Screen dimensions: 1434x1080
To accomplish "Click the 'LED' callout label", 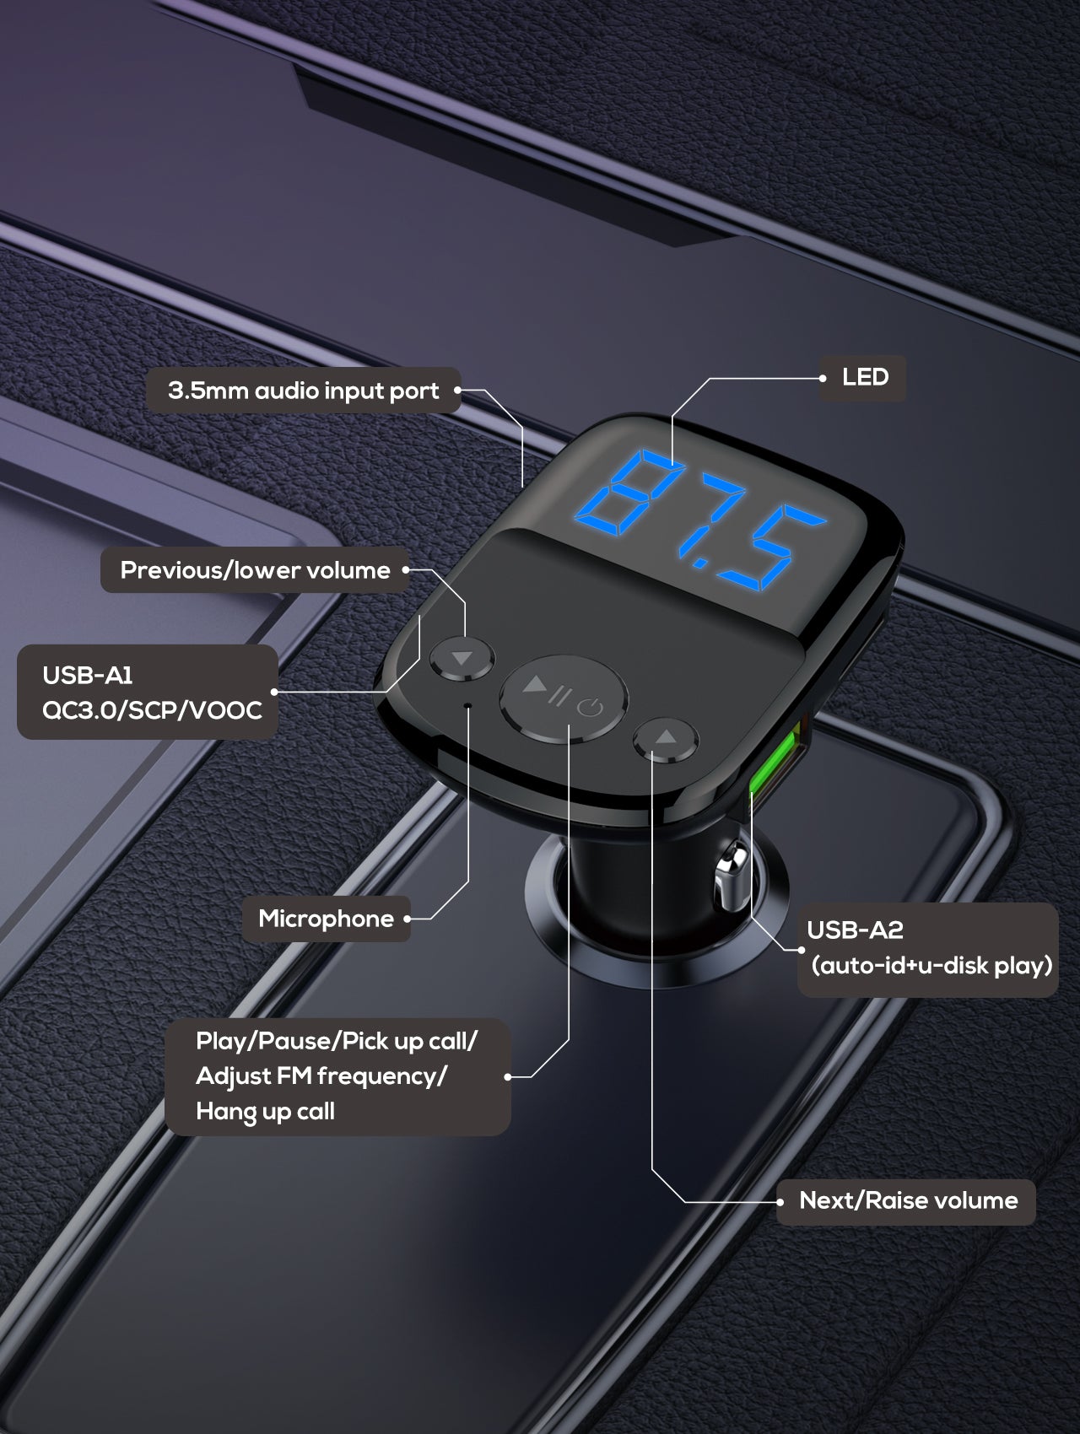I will click(865, 377).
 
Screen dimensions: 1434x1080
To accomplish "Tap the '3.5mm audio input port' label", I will click(304, 391).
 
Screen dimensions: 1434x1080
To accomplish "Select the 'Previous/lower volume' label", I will click(255, 570).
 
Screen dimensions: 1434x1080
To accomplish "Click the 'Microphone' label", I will click(326, 919).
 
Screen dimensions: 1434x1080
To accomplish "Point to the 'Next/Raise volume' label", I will click(908, 1200).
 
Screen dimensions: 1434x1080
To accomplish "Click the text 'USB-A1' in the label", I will click(88, 675).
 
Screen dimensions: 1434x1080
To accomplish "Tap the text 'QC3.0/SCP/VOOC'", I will click(152, 710).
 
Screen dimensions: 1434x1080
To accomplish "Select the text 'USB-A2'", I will click(855, 930).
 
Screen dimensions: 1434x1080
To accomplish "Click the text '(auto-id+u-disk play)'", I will click(931, 965).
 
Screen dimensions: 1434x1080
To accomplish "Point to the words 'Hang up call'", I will click(265, 1111).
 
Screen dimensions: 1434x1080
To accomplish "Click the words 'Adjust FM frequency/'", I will click(321, 1076).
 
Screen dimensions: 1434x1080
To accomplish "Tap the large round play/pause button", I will click(563, 698).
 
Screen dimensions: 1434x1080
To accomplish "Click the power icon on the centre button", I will click(591, 707).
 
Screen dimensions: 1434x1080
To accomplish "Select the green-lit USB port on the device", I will click(774, 764).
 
